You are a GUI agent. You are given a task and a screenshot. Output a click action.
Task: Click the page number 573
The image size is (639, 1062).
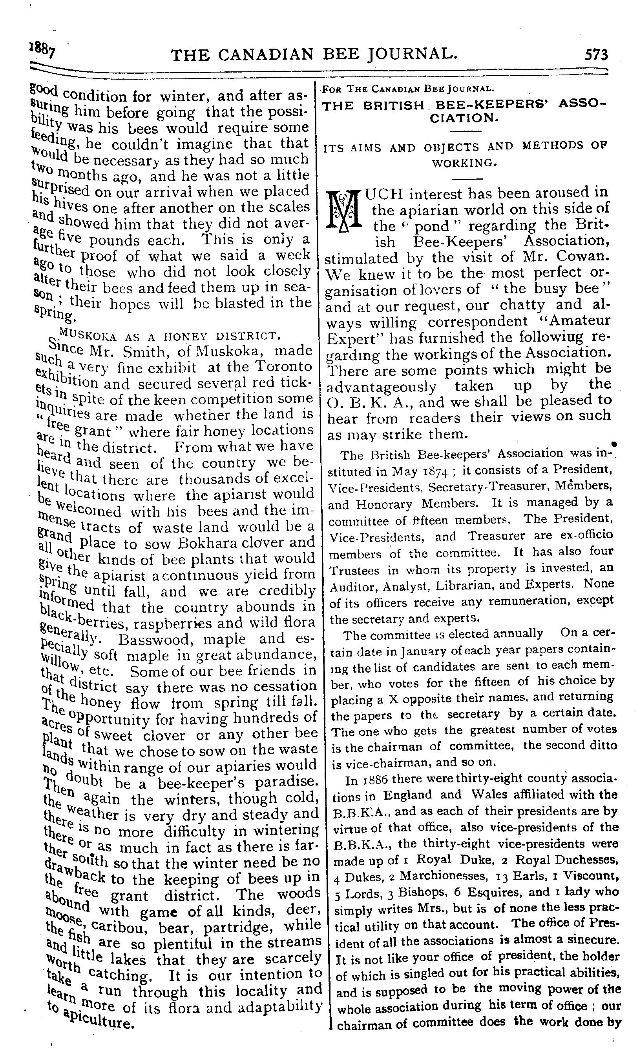coord(596,55)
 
